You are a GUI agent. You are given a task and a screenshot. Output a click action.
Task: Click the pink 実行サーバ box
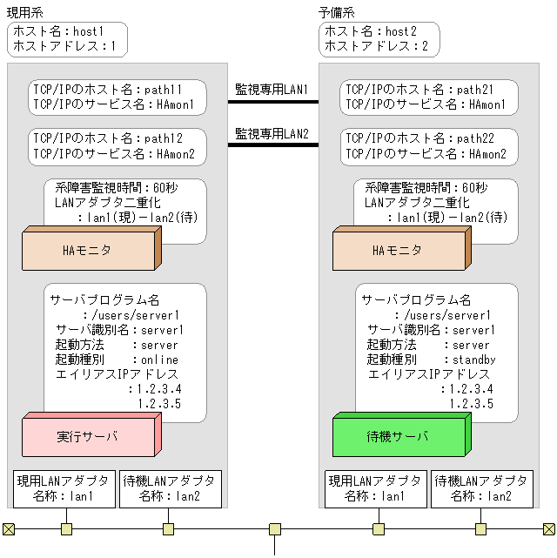point(87,436)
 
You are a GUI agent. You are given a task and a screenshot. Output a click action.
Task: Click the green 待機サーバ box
point(398,436)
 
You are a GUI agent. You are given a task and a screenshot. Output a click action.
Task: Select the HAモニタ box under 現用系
point(87,250)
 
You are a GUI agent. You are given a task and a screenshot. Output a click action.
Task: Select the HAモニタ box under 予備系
point(398,250)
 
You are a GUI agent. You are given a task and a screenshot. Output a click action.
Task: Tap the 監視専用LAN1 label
point(272,89)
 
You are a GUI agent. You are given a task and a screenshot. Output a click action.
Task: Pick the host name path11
point(161,90)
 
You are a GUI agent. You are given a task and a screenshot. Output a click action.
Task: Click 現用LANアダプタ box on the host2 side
point(376,489)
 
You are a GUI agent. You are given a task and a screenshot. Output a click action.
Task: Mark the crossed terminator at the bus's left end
point(9,528)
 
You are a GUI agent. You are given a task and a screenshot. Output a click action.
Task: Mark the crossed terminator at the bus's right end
point(548,528)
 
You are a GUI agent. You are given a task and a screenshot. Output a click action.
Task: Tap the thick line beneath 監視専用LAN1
point(272,102)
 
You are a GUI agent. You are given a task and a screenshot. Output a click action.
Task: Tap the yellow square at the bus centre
point(275,528)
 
